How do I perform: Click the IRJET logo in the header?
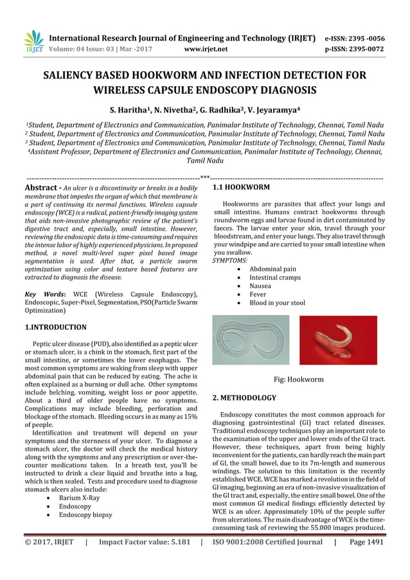pos(33,41)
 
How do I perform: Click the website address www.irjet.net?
pos(206,48)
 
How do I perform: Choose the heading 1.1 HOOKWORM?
pos(241,187)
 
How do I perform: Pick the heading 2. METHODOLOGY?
pos(244,398)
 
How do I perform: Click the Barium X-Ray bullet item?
pos(80,497)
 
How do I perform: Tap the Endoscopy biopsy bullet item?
pos(85,514)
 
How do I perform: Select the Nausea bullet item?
pos(260,285)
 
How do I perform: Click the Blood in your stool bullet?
pos(277,302)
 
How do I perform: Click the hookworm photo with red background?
pos(338,340)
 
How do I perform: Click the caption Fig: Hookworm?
pos(299,379)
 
